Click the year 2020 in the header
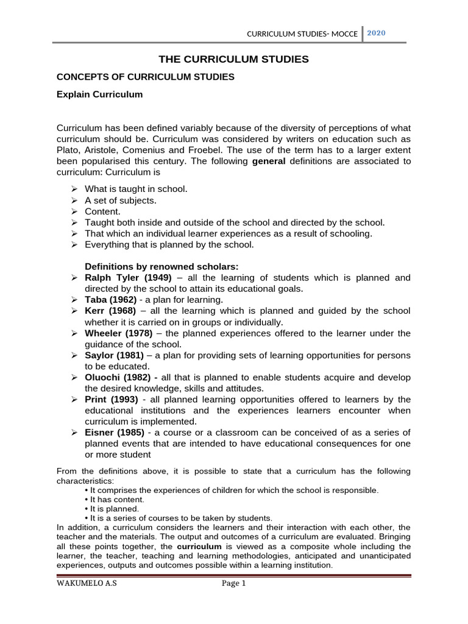point(376,33)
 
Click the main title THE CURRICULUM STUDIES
point(233,59)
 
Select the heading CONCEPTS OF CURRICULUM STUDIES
point(145,77)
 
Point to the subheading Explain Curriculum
point(99,94)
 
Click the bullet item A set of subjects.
point(121,200)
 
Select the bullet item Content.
point(102,211)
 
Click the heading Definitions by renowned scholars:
point(161,266)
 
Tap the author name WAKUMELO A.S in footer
point(83,584)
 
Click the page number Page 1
point(233,584)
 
